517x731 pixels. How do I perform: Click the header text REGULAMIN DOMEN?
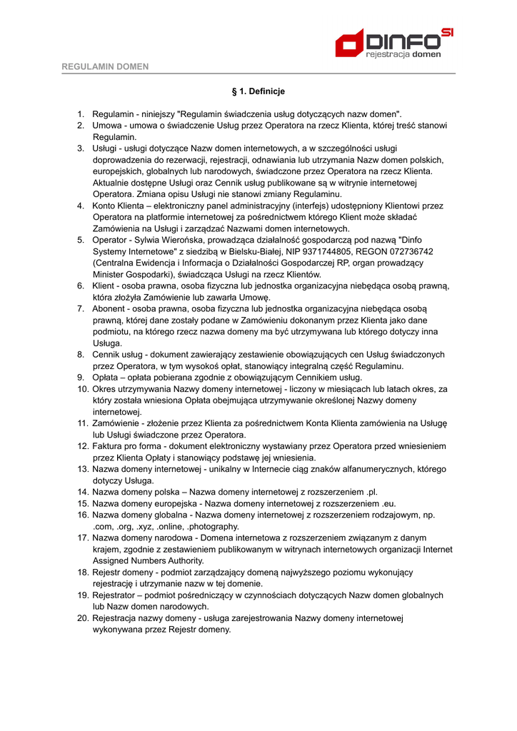(x=105, y=66)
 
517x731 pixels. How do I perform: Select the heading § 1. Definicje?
(x=258, y=91)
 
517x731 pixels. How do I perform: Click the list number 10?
(x=83, y=389)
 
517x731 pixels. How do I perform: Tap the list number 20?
(x=83, y=618)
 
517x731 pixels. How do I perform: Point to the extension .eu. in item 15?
(x=383, y=503)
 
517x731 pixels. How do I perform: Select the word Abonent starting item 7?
(x=109, y=308)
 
